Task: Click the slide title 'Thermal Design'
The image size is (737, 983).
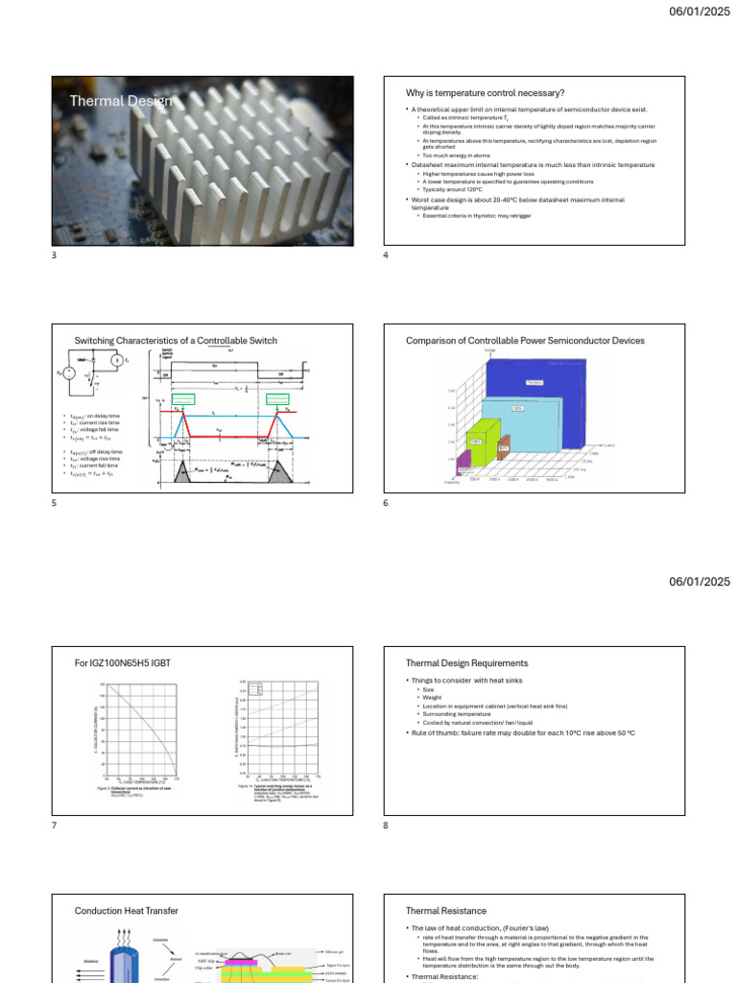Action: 121,101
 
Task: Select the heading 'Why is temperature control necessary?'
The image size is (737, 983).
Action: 485,92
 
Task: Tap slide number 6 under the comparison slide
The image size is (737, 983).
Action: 386,503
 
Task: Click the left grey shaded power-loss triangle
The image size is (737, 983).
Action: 183,470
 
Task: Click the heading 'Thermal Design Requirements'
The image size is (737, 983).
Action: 466,663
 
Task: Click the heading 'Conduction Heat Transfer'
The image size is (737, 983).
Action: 127,911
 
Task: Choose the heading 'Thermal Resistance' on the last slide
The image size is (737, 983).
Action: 446,911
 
